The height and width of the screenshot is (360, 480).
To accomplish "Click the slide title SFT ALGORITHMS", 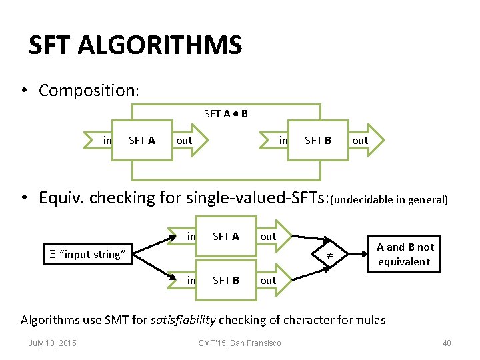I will click(x=135, y=45).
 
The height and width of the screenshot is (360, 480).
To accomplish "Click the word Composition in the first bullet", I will click(x=87, y=90).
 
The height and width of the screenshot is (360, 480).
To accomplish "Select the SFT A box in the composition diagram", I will click(x=141, y=141).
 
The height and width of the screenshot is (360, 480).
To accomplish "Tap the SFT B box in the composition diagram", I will click(x=318, y=141).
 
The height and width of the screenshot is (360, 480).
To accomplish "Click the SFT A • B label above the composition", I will click(x=226, y=114).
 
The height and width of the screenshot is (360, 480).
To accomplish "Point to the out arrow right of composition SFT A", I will click(x=188, y=141).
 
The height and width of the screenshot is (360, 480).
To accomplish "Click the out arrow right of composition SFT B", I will click(x=361, y=141).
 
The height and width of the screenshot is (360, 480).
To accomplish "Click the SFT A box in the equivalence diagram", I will click(x=225, y=237).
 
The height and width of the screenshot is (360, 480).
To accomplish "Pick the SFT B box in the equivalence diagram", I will click(x=225, y=281).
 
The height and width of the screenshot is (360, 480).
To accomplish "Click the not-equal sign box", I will click(x=328, y=254).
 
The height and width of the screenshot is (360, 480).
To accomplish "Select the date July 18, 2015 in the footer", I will click(x=52, y=343).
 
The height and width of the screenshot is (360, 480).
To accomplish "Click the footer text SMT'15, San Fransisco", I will click(x=239, y=343).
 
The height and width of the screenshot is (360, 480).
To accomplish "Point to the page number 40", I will click(x=447, y=343).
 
